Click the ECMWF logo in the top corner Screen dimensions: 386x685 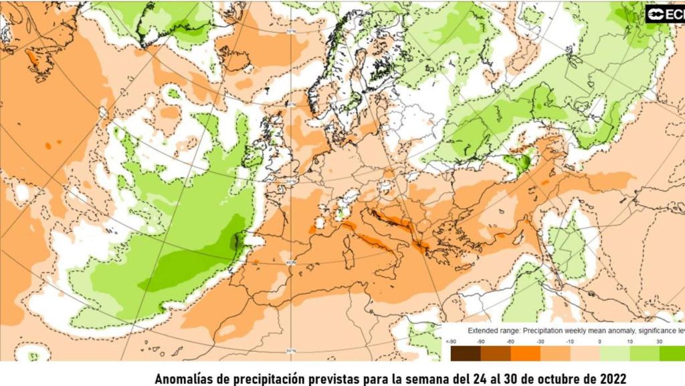point(665,14)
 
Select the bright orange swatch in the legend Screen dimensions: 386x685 point(526,353)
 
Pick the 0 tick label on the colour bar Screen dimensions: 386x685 point(599,341)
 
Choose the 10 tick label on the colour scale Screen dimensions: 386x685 point(630,341)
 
